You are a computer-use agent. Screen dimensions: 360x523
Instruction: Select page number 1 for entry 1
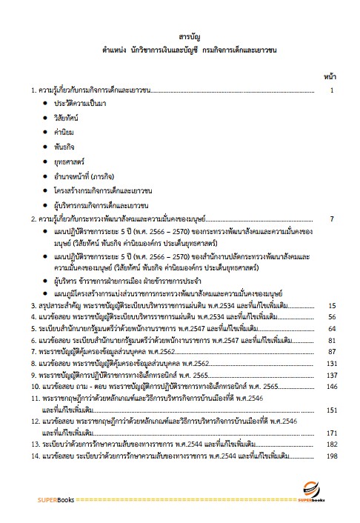(334, 90)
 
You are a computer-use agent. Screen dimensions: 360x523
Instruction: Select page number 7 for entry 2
(333, 219)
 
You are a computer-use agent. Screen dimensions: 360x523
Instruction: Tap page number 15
(332, 305)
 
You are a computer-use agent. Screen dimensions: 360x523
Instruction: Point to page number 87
(332, 351)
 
